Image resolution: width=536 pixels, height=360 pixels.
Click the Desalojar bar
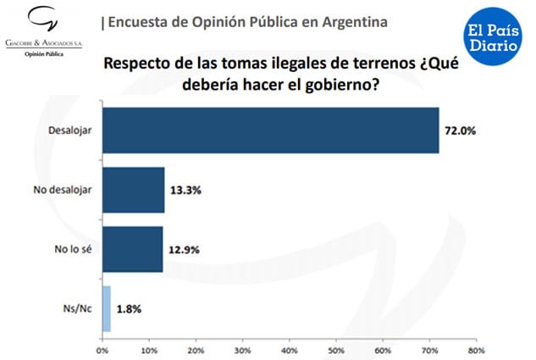(x=270, y=130)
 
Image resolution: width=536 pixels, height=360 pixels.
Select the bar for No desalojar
(x=133, y=191)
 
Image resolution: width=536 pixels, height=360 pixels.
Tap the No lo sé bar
(x=132, y=249)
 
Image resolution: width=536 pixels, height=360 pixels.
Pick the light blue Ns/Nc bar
(x=107, y=308)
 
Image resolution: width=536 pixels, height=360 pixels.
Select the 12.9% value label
(x=184, y=249)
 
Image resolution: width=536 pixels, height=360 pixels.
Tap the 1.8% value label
(x=130, y=308)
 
